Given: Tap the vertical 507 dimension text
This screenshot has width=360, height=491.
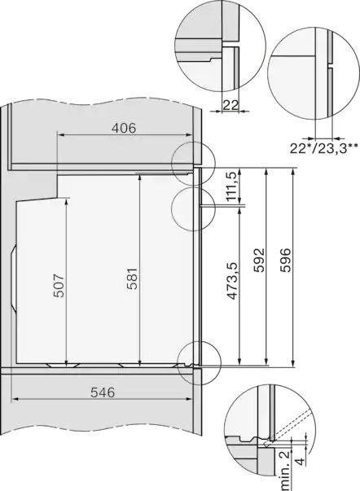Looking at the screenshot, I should click(x=59, y=282).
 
